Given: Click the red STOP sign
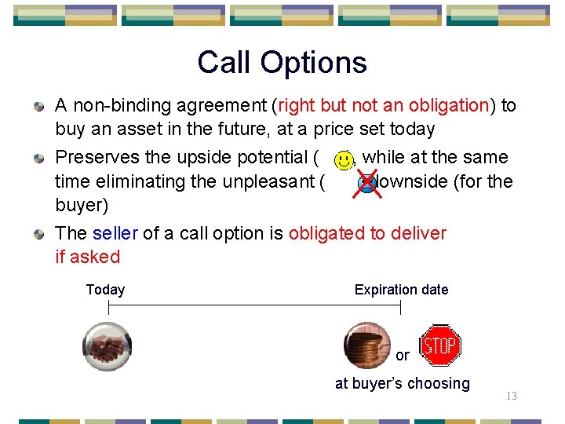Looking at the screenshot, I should tap(440, 345).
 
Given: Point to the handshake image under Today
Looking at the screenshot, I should tap(108, 346).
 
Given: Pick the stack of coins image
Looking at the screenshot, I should tap(367, 345).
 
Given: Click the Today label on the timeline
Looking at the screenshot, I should tap(105, 290).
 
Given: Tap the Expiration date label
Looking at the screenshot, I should tap(401, 290).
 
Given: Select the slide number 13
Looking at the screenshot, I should tap(511, 397).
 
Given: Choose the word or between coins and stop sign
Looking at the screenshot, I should tap(402, 356).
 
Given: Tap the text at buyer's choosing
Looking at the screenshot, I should tap(402, 383).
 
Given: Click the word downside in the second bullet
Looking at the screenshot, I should tap(408, 181).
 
